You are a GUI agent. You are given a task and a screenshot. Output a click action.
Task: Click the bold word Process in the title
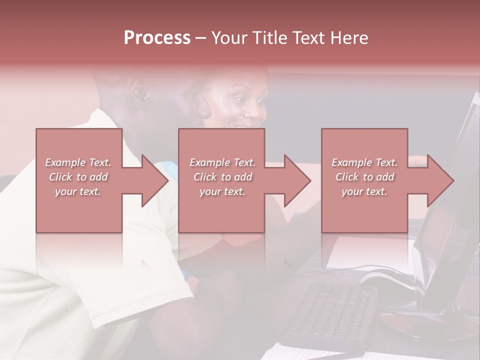(157, 38)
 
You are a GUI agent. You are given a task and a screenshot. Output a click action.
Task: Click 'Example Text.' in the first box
(78, 162)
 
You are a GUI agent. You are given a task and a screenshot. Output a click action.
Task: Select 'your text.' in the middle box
(222, 191)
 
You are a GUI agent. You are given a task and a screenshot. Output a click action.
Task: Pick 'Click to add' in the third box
(365, 177)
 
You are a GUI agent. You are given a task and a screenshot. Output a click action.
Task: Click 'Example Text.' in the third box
(365, 162)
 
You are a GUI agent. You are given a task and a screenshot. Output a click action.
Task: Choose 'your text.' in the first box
(78, 191)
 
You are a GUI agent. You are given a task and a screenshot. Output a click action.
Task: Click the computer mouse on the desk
(385, 278)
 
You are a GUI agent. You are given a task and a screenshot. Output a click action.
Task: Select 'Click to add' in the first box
(78, 177)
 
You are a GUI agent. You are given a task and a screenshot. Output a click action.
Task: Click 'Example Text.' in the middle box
(222, 162)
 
